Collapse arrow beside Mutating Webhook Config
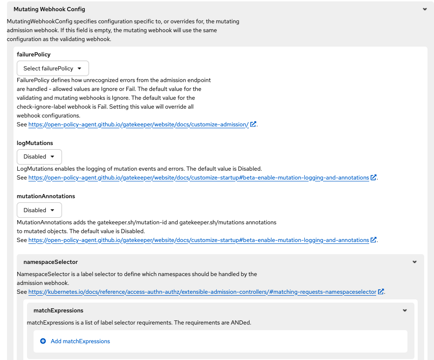[425, 9]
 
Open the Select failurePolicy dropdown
[53, 68]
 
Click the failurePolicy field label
[34, 55]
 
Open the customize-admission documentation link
[138, 125]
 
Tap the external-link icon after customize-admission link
[253, 125]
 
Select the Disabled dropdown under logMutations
[39, 157]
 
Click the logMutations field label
[35, 143]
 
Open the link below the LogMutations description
[199, 178]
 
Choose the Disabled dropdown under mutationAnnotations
[39, 210]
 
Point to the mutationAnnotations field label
[46, 196]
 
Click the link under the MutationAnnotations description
[199, 240]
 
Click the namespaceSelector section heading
[50, 262]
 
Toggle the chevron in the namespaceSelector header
[414, 262]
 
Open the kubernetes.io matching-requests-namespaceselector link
[202, 292]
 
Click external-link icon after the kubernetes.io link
[381, 292]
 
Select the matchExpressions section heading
[58, 310]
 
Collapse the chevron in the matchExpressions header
[405, 310]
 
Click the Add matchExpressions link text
[80, 341]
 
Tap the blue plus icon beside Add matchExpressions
[43, 341]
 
